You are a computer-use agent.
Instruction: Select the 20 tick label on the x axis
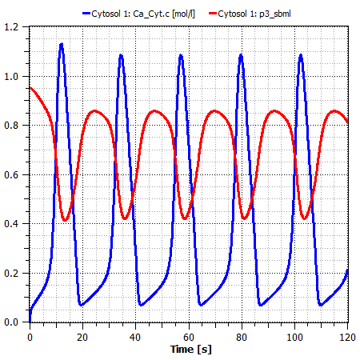tap(82, 336)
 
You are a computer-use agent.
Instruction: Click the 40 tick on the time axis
tap(136, 336)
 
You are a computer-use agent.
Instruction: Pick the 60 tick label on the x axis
tap(189, 336)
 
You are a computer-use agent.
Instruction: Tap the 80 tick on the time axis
tap(242, 336)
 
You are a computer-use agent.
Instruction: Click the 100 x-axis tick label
tap(294, 336)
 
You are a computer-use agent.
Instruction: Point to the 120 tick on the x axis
tap(344, 336)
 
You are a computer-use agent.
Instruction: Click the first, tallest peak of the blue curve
tap(61, 45)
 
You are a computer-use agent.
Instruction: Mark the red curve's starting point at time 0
tap(30, 88)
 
